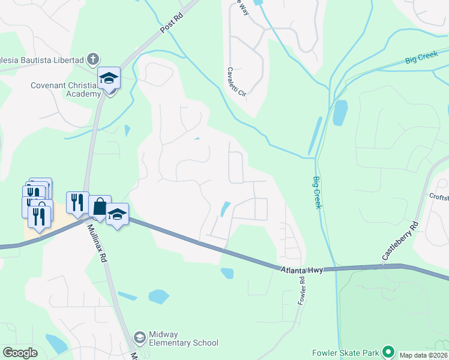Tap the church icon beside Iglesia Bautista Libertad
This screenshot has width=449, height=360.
[92, 59]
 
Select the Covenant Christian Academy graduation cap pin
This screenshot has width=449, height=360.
[109, 79]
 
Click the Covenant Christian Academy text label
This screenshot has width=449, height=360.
[65, 89]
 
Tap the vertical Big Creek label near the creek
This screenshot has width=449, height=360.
[317, 192]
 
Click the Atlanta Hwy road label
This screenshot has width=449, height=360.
[301, 271]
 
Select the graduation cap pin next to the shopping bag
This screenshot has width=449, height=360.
[118, 214]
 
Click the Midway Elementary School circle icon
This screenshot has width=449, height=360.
[140, 338]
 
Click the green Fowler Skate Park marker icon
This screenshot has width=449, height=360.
[388, 352]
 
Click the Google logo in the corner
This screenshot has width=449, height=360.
[20, 353]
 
